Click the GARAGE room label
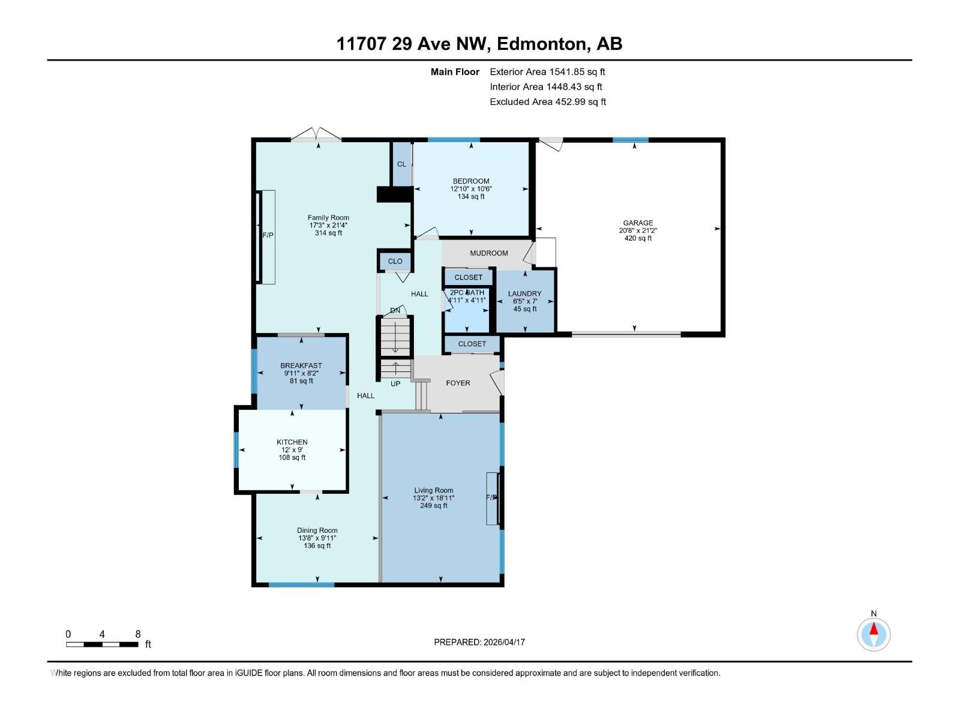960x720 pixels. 638,223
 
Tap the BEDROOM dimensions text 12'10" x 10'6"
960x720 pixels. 471,189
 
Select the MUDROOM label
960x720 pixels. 489,253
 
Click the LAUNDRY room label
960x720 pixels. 524,293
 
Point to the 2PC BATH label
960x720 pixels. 467,293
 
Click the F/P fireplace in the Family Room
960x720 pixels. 268,236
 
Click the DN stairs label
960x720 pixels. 395,310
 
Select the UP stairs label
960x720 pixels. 395,384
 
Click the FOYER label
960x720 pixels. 458,383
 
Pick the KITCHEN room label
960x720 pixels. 292,442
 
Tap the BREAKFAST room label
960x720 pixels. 301,365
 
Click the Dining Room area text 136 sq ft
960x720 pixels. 317,546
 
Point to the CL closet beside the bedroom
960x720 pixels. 401,164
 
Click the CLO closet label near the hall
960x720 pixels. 395,261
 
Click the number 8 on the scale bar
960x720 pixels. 138,634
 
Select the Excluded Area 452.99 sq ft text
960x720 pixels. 547,102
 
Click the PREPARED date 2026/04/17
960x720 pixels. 503,642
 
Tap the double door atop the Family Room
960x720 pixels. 316,134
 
